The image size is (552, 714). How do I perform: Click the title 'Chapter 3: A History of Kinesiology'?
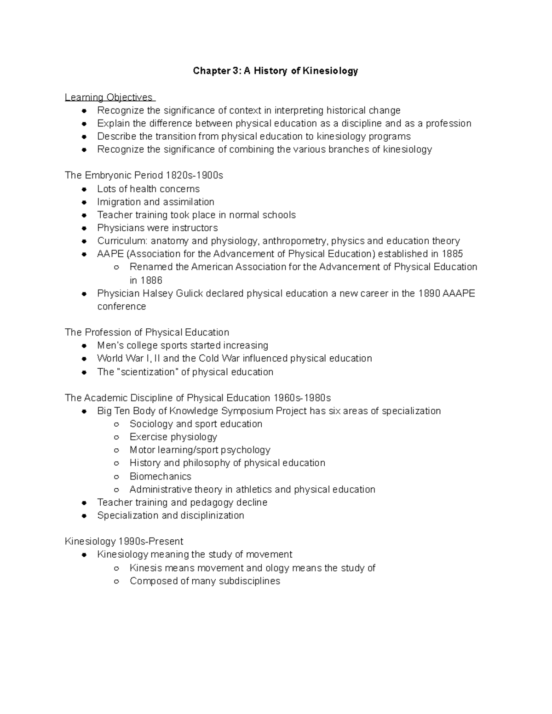coord(275,71)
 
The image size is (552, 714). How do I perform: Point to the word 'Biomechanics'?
coord(160,476)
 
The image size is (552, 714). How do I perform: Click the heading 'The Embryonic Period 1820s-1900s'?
coord(144,176)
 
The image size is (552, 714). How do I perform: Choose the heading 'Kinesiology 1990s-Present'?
coord(124,541)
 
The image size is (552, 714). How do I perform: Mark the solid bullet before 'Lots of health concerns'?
coord(84,189)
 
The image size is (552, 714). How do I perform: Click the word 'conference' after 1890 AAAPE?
coord(121,307)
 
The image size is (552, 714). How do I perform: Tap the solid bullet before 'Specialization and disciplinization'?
coord(84,516)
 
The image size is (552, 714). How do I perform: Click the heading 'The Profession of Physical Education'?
coord(147,332)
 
